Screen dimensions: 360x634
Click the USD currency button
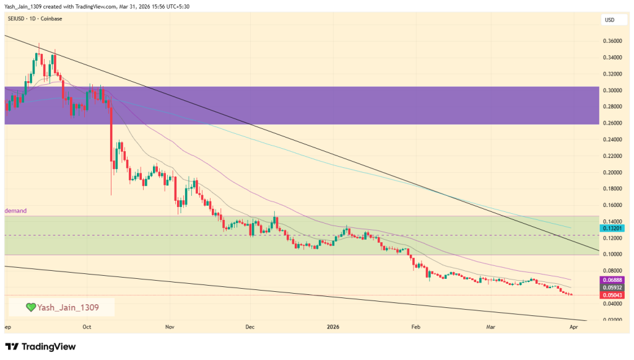click(x=609, y=20)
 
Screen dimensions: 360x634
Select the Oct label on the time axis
click(x=87, y=326)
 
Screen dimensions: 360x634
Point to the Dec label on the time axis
click(x=250, y=326)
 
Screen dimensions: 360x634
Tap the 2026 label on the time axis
click(x=333, y=326)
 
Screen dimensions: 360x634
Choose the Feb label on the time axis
click(x=415, y=326)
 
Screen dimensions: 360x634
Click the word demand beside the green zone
click(x=16, y=211)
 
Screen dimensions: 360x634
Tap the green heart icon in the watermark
click(x=30, y=307)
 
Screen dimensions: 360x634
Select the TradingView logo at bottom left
click(x=40, y=346)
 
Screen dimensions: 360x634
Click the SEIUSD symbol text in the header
click(x=17, y=19)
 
